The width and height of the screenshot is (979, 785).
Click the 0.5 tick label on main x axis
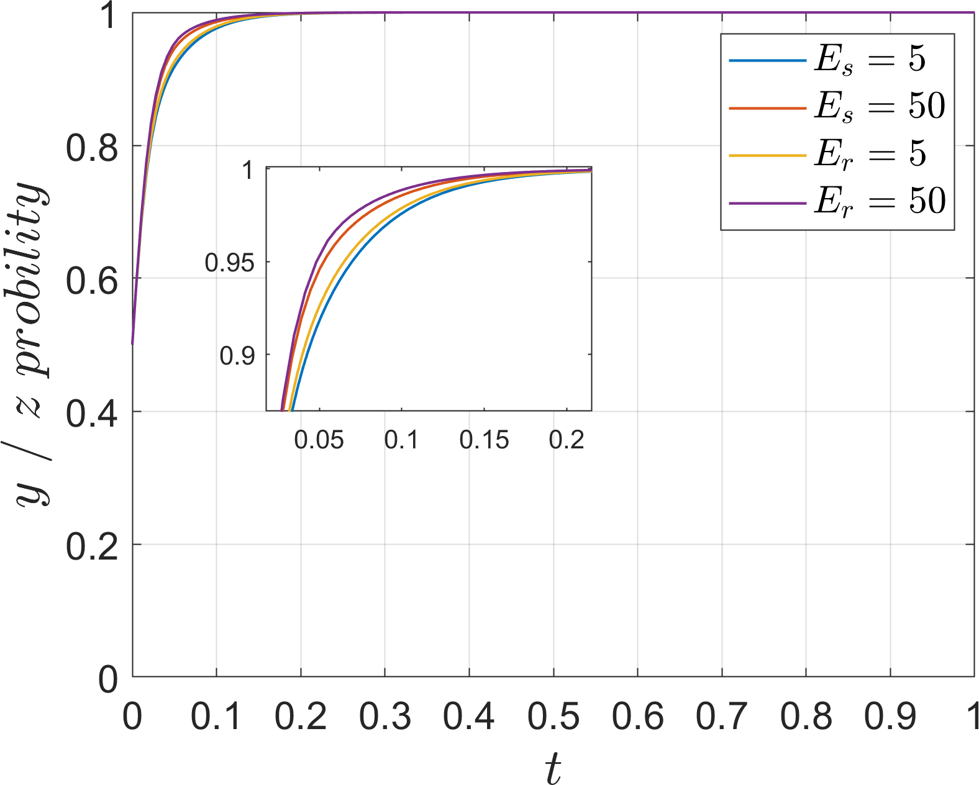(553, 717)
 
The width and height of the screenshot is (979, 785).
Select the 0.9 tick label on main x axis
(890, 717)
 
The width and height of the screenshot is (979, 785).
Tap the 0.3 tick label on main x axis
(385, 717)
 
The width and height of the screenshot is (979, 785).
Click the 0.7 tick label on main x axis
(722, 717)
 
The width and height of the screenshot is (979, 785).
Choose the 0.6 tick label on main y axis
(92, 281)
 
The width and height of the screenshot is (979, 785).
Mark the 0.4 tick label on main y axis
(92, 414)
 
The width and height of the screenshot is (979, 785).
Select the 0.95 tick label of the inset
(230, 263)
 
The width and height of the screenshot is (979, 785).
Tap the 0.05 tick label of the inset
(319, 440)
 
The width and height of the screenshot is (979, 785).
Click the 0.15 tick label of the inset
(484, 440)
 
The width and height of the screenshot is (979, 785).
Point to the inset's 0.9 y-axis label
(237, 356)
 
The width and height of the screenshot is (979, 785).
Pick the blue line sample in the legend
(767, 60)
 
